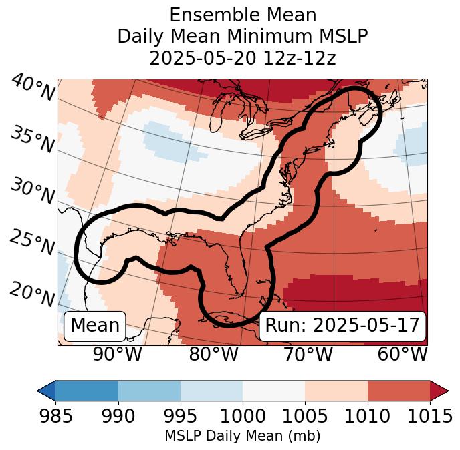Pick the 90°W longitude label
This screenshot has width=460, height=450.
tap(117, 354)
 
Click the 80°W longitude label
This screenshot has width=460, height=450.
tap(213, 354)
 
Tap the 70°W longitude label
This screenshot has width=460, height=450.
tap(307, 354)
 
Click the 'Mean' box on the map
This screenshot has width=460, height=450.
tap(95, 326)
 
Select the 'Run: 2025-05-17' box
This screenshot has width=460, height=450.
tap(342, 326)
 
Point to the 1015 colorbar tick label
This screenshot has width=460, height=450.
tap(430, 416)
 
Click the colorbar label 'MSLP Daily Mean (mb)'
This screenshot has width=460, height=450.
tap(242, 437)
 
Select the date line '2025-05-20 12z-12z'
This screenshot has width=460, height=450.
tap(242, 58)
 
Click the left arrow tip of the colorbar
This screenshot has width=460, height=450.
tap(39, 390)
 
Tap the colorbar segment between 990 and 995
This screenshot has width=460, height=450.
tap(149, 390)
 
